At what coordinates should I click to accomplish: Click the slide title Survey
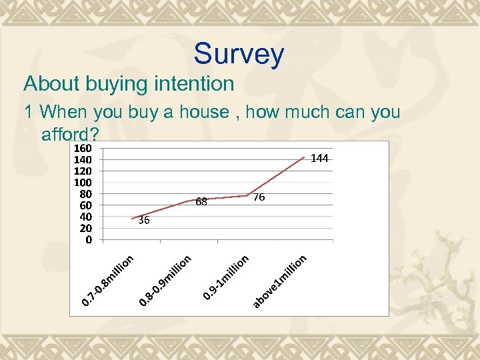[x=239, y=54]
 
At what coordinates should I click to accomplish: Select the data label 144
[x=319, y=159]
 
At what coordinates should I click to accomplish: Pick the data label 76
[x=260, y=197]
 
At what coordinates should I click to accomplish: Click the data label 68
[x=202, y=201]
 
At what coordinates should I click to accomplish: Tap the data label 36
[x=144, y=221]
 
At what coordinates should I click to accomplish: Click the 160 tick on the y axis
[x=83, y=149]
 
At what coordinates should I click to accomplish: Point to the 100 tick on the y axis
[x=83, y=183]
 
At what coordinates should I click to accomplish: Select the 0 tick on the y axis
[x=89, y=239]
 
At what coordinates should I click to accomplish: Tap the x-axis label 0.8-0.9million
[x=165, y=282]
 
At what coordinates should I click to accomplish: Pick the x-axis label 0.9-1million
[x=226, y=278]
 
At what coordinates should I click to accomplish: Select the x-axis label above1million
[x=279, y=282]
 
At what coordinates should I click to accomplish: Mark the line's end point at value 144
[x=305, y=157]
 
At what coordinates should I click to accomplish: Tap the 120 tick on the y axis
[x=83, y=171]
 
